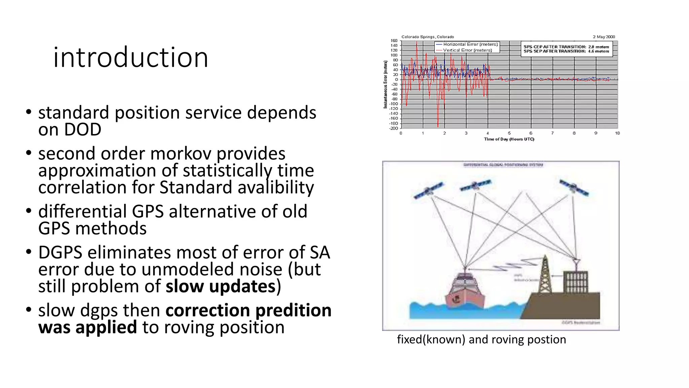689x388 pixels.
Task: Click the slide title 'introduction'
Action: [x=131, y=57]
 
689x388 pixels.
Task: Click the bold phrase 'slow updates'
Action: [x=221, y=286]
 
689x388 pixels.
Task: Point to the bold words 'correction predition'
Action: [x=248, y=310]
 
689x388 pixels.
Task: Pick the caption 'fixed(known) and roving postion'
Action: [x=481, y=339]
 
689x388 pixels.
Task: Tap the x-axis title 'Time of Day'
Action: [x=509, y=139]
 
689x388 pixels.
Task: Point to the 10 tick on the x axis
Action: [x=617, y=133]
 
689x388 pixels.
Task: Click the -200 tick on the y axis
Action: [x=394, y=128]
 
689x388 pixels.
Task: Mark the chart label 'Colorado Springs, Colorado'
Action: [x=427, y=37]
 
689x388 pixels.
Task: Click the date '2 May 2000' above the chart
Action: [x=604, y=37]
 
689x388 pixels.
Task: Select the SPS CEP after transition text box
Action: [x=566, y=49]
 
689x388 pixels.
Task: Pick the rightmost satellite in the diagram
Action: [x=574, y=188]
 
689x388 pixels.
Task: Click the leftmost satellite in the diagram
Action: [x=428, y=190]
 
